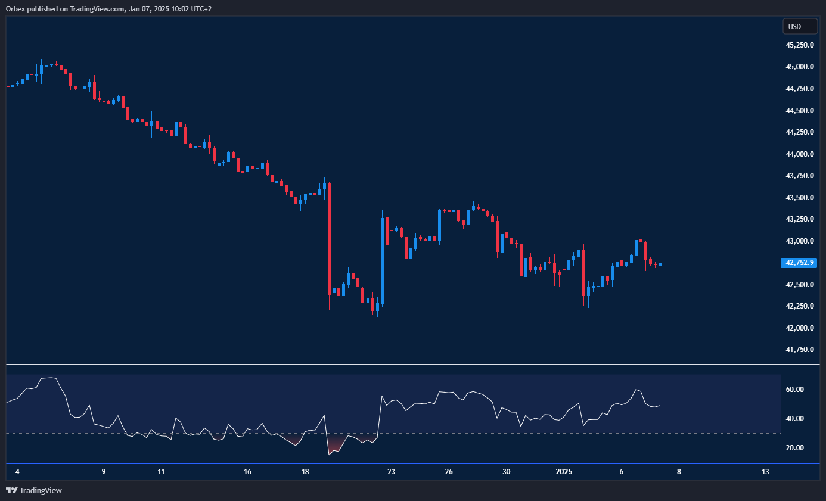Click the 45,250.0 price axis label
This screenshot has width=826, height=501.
(x=800, y=45)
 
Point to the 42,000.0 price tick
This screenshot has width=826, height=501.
(x=800, y=328)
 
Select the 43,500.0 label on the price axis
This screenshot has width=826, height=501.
(x=800, y=198)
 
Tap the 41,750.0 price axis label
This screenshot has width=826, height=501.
(x=800, y=350)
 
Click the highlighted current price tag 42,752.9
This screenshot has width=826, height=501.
(x=800, y=262)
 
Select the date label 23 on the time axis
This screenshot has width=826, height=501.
(x=391, y=472)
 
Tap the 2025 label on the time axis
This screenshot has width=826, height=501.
(x=564, y=472)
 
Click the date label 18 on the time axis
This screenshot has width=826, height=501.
(x=305, y=472)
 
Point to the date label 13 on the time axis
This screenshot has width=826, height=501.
(x=765, y=472)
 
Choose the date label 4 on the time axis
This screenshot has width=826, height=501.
(x=17, y=472)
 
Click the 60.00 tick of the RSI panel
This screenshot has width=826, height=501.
(x=795, y=390)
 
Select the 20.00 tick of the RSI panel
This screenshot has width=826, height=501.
(x=795, y=448)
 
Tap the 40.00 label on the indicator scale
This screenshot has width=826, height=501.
(x=795, y=419)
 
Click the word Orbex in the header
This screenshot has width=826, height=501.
(x=14, y=8)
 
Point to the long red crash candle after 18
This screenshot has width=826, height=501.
(x=329, y=238)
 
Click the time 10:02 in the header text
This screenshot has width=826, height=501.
(x=164, y=8)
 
